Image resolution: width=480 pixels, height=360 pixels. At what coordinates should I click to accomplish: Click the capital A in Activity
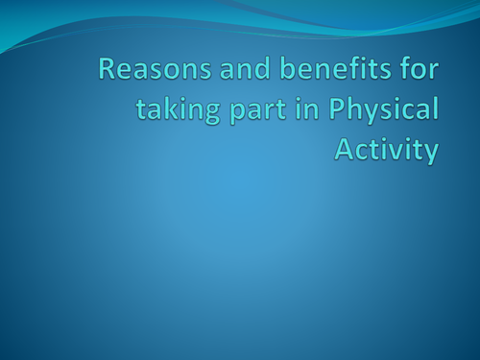pos(344,149)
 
